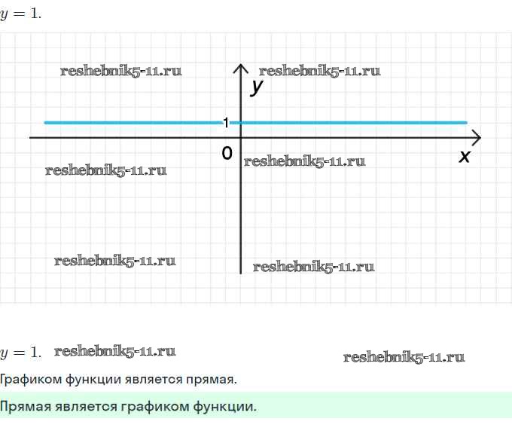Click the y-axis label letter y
(258, 87)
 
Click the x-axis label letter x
(465, 156)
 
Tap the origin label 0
(227, 153)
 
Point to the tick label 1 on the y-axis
(225, 122)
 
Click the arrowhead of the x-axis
(476, 138)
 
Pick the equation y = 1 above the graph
(20, 14)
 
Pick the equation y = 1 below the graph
(20, 352)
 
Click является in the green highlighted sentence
(83, 408)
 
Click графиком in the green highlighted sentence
(154, 408)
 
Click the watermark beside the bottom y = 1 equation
(114, 351)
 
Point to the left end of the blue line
(46, 122)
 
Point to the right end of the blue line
(466, 122)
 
